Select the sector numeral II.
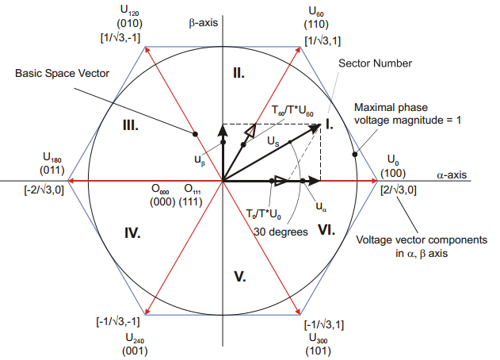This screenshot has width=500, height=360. [239, 73]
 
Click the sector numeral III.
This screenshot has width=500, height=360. [131, 125]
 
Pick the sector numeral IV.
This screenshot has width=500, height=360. [132, 233]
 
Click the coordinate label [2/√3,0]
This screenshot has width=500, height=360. [400, 190]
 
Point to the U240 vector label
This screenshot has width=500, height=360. [134, 337]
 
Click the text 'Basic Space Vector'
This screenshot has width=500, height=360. [61, 73]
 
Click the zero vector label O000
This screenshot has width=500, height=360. [162, 190]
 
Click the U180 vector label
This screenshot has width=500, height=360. [55, 159]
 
